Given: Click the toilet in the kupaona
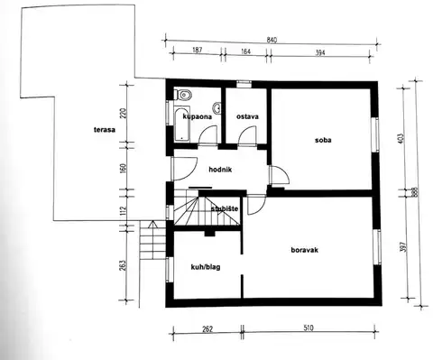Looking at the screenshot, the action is coord(183,95).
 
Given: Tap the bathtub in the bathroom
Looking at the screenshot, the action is coord(182,124).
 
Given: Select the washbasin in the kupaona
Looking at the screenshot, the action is coord(217,108).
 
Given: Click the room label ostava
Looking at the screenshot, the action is coord(247,116).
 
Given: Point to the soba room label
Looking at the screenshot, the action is coord(323,140).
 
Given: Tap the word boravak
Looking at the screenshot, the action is coord(305,250).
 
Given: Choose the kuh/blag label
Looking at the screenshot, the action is coord(206,267).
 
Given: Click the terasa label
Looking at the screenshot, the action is coord(105,130).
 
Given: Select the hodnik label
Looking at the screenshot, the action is coord(220,170).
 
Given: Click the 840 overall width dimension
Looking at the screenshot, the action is coord(272,40).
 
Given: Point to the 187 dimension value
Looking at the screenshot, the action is coord(197,50).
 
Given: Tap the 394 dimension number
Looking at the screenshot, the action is coord(320,53).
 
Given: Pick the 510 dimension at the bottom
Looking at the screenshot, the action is coord(309,328).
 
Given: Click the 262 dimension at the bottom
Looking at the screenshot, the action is coord(207,329).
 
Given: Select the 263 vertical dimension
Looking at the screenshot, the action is coord(124,265).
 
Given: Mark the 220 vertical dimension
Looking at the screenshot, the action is coord(124,114).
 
